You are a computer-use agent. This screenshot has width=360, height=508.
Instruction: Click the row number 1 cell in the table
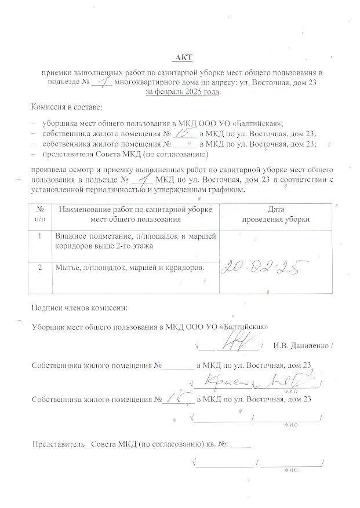(x=39, y=236)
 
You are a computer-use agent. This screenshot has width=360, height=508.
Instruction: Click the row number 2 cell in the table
(x=39, y=268)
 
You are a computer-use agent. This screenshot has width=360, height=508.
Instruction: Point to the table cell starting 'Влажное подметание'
(x=134, y=241)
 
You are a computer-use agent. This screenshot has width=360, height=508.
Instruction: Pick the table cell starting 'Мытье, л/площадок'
(x=129, y=268)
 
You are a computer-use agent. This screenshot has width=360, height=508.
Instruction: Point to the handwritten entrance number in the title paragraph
(x=103, y=82)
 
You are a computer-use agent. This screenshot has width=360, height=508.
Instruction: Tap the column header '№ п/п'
(x=39, y=214)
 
